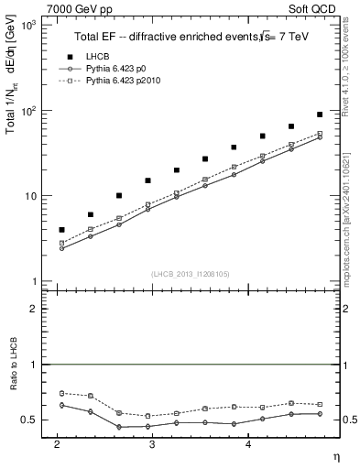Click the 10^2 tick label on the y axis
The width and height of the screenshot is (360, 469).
pyautogui.click(x=30, y=111)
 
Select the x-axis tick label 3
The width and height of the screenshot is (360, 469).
pyautogui.click(x=152, y=443)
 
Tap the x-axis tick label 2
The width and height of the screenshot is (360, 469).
pyautogui.click(x=57, y=443)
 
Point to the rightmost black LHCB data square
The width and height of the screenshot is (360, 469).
pyautogui.click(x=320, y=115)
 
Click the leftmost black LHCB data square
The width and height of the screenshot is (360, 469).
pyautogui.click(x=61, y=230)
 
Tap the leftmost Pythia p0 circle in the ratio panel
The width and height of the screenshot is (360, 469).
pyautogui.click(x=61, y=405)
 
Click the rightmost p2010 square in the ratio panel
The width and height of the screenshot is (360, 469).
pyautogui.click(x=320, y=404)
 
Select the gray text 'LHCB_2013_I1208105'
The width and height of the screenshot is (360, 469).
pyautogui.click(x=191, y=273)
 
